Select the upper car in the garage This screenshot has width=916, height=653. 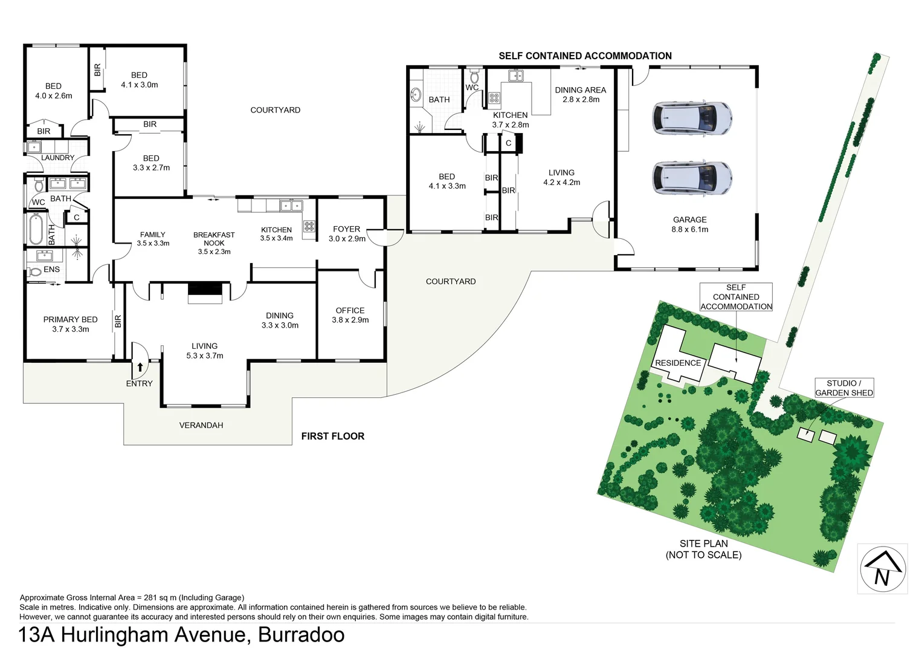click(692, 117)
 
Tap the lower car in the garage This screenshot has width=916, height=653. click(692, 178)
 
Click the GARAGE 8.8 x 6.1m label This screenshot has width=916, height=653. click(689, 224)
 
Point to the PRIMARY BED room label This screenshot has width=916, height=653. click(70, 324)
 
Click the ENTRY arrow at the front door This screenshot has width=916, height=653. click(140, 367)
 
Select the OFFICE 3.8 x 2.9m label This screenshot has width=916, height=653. click(350, 315)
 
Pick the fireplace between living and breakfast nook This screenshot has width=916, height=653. click(205, 294)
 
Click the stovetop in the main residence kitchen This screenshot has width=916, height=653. click(309, 226)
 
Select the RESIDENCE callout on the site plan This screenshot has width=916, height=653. click(678, 363)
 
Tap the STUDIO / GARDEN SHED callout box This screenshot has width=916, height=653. click(843, 388)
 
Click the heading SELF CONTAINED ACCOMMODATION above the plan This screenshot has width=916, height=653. click(585, 56)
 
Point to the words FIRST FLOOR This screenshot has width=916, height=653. click(332, 436)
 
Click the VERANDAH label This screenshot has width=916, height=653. click(201, 425)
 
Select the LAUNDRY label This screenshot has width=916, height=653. click(57, 158)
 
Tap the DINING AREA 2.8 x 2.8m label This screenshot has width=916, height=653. click(580, 94)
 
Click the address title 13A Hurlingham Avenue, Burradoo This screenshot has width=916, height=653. click(181, 635)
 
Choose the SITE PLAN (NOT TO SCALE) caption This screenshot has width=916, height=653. click(703, 549)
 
